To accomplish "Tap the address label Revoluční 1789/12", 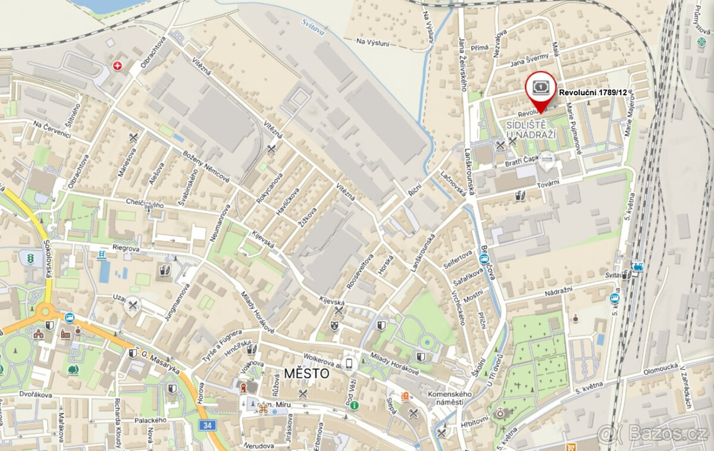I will point(595,93).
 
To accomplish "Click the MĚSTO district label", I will point(306,374).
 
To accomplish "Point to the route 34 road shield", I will point(207,425).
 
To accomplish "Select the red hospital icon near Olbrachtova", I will point(117,65).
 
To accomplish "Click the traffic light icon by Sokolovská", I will point(29,259).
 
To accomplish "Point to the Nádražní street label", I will point(562,292).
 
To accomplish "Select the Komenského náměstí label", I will point(450,398).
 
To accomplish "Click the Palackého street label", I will point(150,420).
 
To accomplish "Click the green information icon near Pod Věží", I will point(354,405).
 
